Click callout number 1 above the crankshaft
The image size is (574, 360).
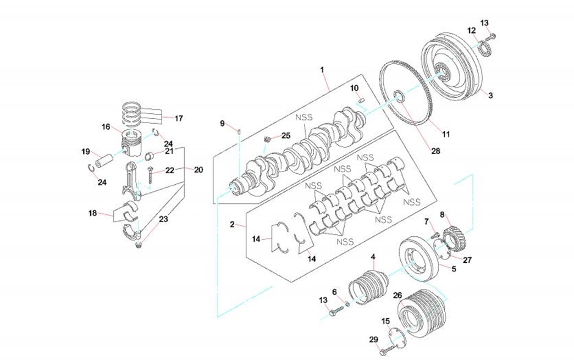323,70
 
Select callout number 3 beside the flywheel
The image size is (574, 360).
490,95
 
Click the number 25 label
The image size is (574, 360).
285,135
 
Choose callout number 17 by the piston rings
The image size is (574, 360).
179,118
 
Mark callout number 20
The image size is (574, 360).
198,170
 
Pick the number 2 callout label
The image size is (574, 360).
233,224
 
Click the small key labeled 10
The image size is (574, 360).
363,100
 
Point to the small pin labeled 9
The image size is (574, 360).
239,131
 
